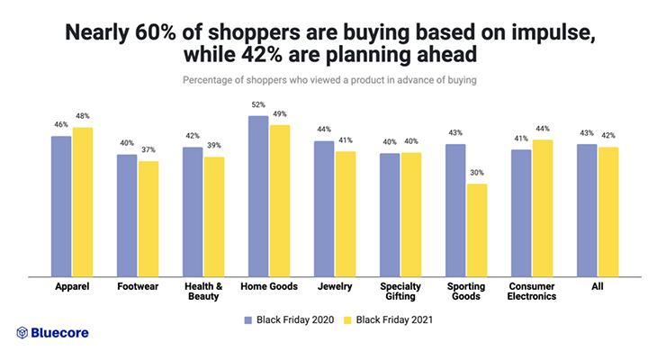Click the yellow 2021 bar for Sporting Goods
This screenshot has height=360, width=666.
[x=477, y=230]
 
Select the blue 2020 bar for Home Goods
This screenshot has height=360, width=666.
[x=258, y=196]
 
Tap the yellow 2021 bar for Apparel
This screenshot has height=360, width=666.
[x=83, y=202]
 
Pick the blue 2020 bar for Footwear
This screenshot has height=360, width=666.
[x=127, y=216]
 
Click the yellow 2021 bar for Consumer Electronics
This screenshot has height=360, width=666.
[x=543, y=209]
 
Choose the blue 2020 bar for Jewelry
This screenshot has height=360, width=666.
[x=324, y=209]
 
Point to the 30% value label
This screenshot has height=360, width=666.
[x=477, y=173]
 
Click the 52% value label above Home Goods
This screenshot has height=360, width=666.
[x=258, y=104]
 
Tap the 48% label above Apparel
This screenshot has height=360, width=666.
[x=83, y=116]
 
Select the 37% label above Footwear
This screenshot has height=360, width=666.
[x=148, y=150]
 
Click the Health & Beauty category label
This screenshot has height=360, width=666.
[x=203, y=292]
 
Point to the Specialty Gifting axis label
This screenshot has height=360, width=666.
[x=400, y=292]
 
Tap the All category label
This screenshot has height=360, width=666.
[x=598, y=286]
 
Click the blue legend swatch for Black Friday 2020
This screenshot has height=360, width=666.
[x=248, y=320]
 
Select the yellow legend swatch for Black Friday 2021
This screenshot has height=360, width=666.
[x=347, y=320]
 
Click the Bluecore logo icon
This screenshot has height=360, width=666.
[x=22, y=333]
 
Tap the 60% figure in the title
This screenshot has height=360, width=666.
[x=156, y=32]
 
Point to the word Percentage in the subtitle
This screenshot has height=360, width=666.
[x=207, y=80]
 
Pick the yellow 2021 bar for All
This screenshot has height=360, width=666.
[x=608, y=212]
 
